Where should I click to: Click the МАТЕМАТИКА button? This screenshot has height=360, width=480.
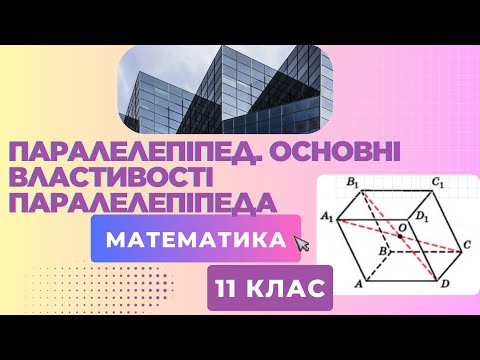pyautogui.click(x=196, y=241)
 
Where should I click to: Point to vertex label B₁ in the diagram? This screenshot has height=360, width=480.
pyautogui.click(x=350, y=185)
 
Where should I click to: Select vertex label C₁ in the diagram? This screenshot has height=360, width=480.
pyautogui.click(x=438, y=185)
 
